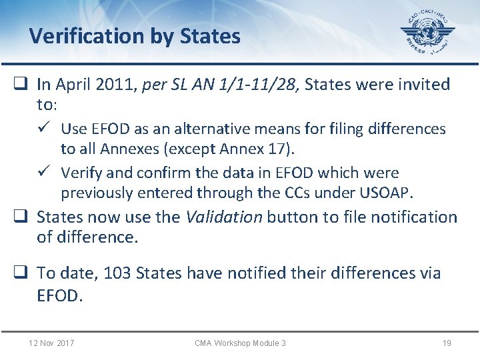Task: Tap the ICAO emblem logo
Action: tap(427, 33)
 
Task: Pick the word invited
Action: tap(423, 85)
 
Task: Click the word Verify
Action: tap(81, 173)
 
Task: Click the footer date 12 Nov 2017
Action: tap(51, 343)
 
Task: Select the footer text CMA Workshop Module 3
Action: tap(240, 343)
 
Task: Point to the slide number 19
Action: tap(447, 343)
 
